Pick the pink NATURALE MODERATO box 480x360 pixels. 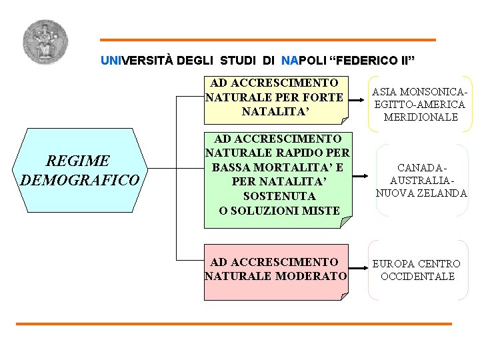pyautogui.click(x=275, y=269)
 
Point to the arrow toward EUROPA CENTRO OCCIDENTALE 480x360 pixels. pyautogui.click(x=359, y=270)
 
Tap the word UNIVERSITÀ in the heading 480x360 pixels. pyautogui.click(x=137, y=60)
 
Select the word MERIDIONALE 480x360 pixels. pyautogui.click(x=421, y=117)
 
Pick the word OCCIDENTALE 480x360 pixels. pyautogui.click(x=417, y=276)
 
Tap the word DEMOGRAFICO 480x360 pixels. pyautogui.click(x=80, y=180)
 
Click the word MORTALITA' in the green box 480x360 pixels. pyautogui.click(x=295, y=167)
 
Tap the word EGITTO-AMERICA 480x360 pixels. pyautogui.click(x=420, y=104)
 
